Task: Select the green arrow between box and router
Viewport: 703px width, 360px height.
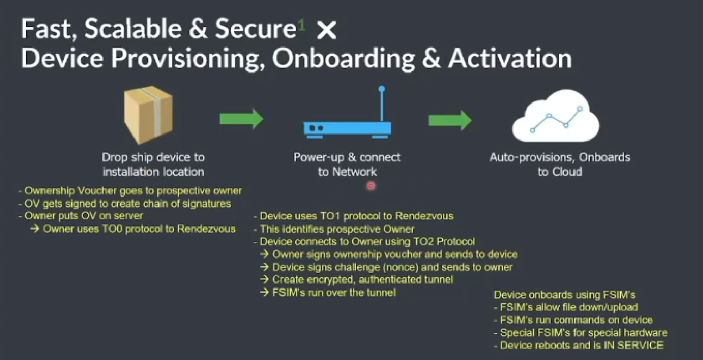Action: point(241,119)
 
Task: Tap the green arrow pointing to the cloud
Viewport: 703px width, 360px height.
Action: point(450,120)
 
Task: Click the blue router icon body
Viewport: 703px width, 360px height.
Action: point(347,128)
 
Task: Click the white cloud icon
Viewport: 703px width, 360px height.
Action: point(556,117)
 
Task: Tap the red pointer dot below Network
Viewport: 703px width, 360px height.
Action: point(371,186)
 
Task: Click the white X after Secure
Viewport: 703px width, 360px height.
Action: point(326,30)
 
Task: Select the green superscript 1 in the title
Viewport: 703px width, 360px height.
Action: point(301,25)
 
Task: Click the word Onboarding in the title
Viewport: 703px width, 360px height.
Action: point(343,58)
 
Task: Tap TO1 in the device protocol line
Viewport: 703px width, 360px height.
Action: point(330,216)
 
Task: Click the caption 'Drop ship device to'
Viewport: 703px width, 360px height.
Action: point(153,158)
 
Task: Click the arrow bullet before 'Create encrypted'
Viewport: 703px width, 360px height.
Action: point(264,279)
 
